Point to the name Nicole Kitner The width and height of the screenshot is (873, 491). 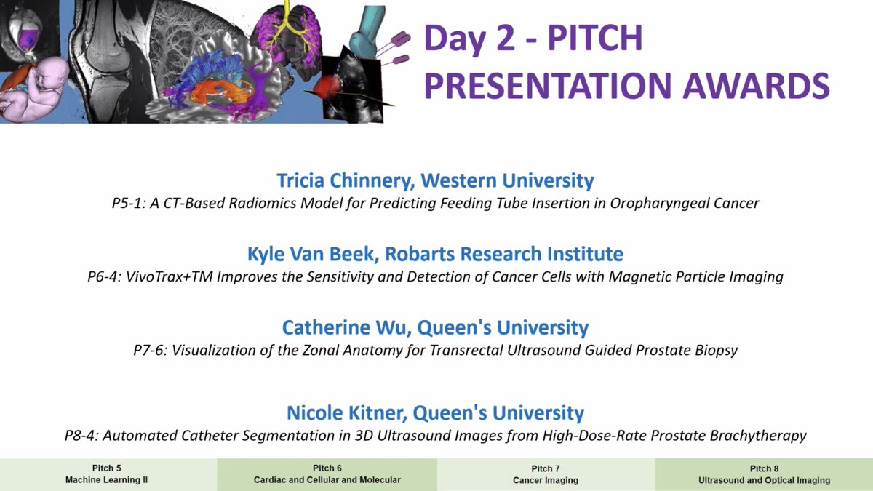coord(345,413)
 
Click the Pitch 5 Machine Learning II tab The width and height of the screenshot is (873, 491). coord(108,474)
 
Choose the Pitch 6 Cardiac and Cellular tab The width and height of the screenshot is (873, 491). coord(327,474)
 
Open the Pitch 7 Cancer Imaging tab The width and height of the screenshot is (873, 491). coord(546,474)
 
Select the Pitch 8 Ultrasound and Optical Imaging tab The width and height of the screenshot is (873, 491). coord(764,474)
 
